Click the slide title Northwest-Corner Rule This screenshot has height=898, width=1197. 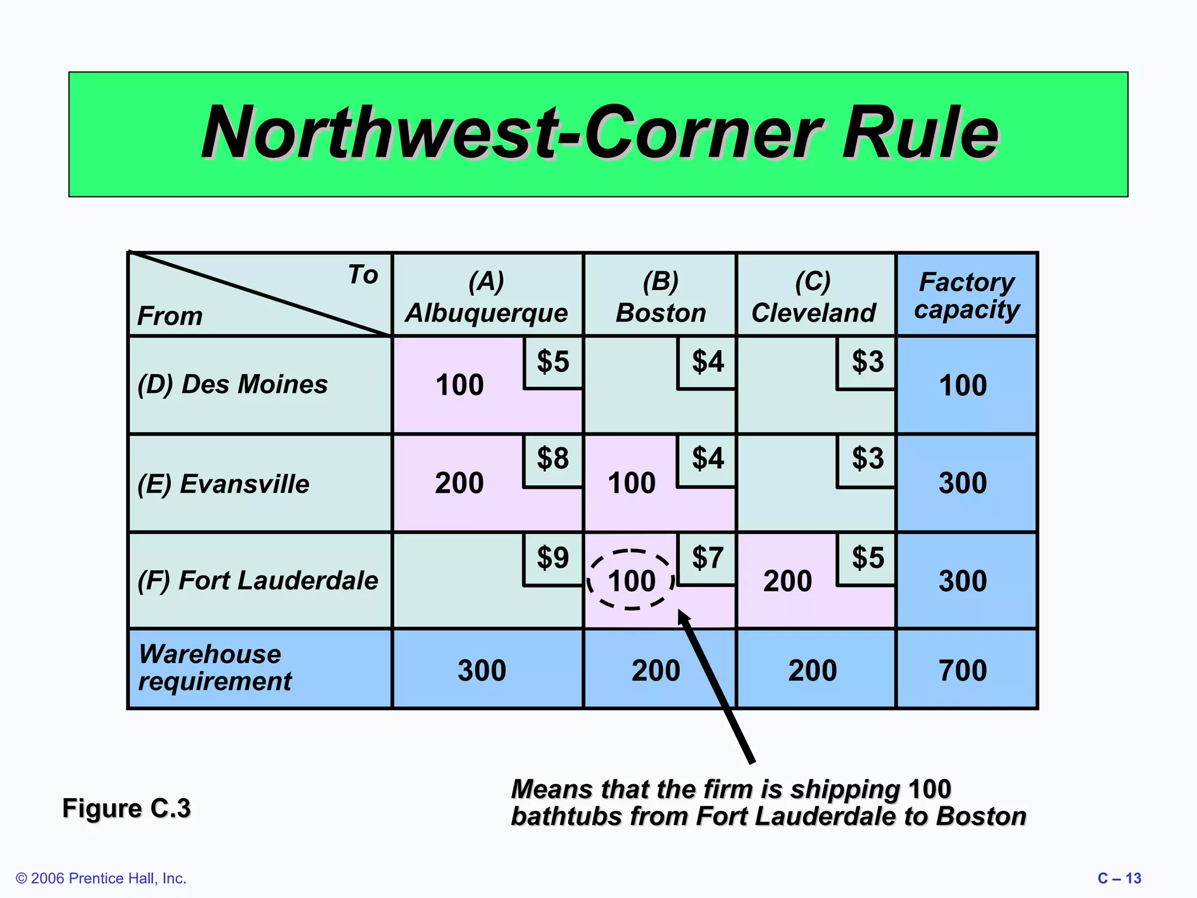coord(600,133)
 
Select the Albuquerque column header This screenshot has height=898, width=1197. coord(486,297)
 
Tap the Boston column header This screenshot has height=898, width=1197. coord(660,297)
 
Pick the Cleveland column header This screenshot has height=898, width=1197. coord(814,297)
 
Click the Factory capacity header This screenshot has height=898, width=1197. coord(967,295)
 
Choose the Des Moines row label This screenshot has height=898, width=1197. coord(233,385)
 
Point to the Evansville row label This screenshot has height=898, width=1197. coord(223,484)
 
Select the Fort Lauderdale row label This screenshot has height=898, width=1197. coord(258,581)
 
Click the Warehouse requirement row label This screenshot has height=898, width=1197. coord(215,668)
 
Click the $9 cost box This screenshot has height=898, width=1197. coord(553,558)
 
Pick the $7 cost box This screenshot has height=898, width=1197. coord(707,558)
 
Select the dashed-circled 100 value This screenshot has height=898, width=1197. coord(631,581)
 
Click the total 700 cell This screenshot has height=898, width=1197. coord(963,670)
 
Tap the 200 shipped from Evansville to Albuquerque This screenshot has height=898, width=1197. coord(459,483)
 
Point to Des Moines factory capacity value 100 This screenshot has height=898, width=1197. coord(963,386)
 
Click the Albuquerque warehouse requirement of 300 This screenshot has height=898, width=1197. coord(482,670)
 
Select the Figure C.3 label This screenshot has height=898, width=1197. coord(126,808)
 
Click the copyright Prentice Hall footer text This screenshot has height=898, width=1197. coord(101,878)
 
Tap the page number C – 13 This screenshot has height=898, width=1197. coord(1119,878)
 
